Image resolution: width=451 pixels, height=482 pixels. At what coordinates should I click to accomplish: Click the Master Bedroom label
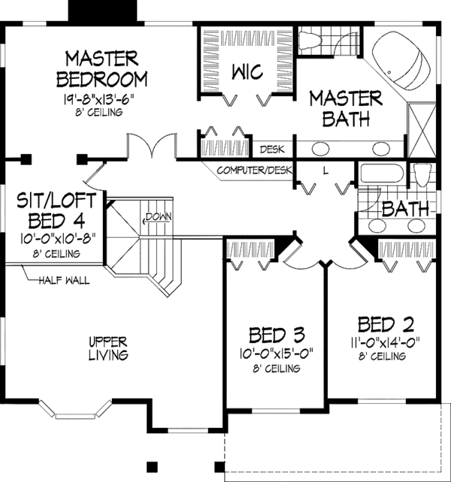point(105,68)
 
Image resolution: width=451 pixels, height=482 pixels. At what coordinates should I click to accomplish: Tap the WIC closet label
point(246,72)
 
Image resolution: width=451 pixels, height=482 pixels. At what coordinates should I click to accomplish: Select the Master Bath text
point(346,108)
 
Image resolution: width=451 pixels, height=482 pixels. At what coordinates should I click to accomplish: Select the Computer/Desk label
point(253,171)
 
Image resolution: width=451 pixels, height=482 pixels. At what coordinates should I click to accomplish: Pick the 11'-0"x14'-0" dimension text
point(387,342)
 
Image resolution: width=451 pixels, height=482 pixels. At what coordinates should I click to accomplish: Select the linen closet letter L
point(325,171)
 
